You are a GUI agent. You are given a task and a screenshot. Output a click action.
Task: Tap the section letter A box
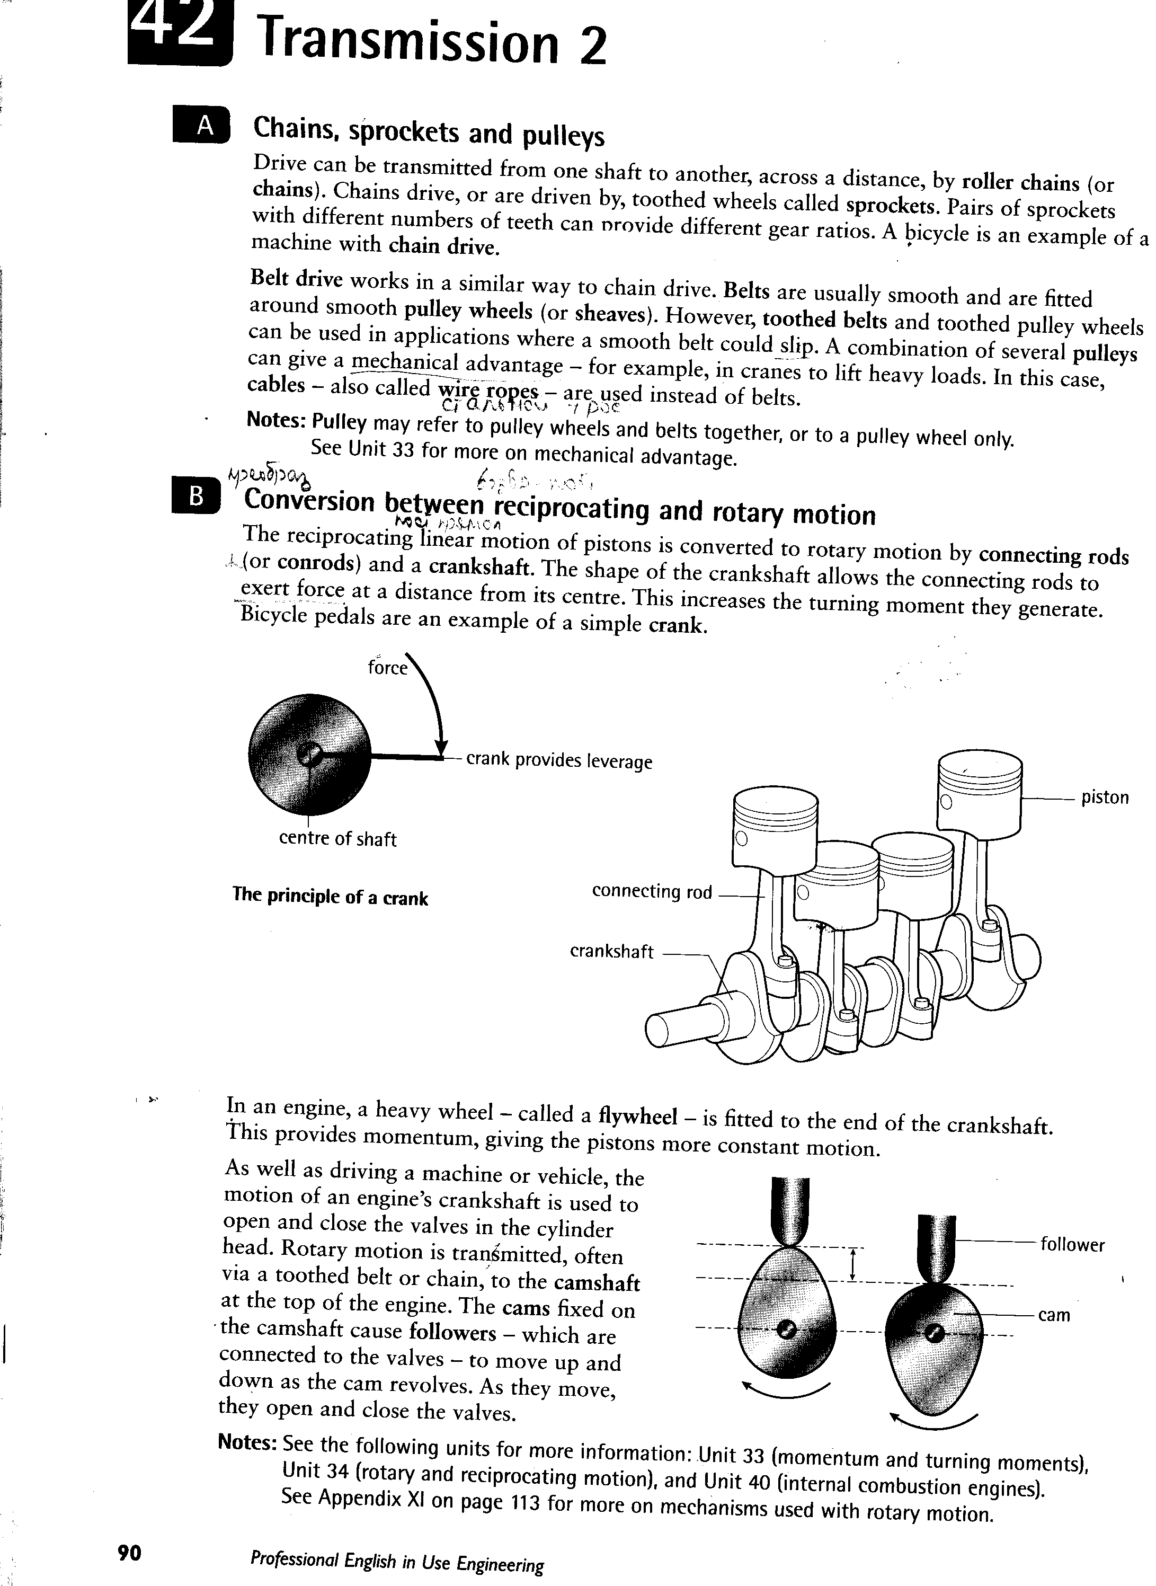pyautogui.click(x=201, y=125)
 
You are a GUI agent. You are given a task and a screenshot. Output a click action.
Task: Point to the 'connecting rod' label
pyautogui.click(x=652, y=892)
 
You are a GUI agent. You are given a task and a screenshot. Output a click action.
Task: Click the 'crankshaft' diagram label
pyautogui.click(x=611, y=952)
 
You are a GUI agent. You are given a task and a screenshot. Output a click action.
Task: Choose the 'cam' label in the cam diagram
pyautogui.click(x=1054, y=1315)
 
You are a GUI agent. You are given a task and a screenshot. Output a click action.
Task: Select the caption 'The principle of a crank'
pyautogui.click(x=330, y=897)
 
